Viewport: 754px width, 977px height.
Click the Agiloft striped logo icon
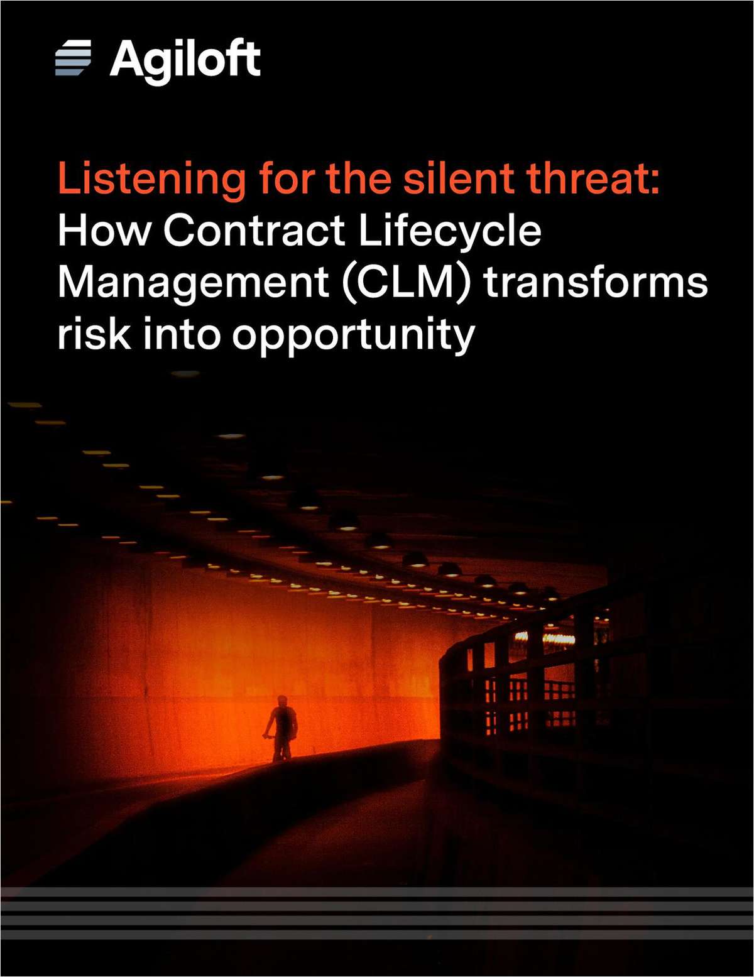tap(73, 58)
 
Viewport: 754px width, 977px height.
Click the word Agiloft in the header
tap(185, 60)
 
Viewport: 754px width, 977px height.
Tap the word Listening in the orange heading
tap(151, 179)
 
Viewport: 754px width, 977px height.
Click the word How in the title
tap(104, 230)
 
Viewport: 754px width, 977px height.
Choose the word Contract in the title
tap(254, 230)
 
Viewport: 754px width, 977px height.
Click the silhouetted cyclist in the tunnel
tap(282, 729)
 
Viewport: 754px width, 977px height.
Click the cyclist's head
tap(282, 700)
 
